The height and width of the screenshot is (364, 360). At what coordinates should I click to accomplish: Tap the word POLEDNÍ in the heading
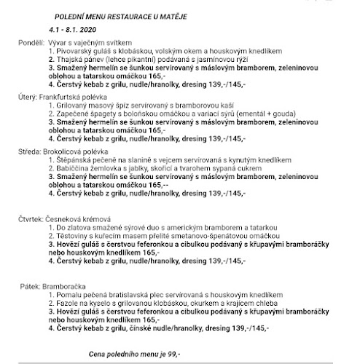[71, 15]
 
